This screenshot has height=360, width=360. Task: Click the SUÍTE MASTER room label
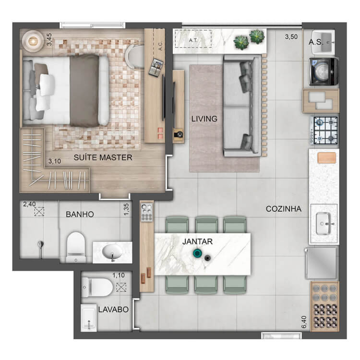coord(103,157)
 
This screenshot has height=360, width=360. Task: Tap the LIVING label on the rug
coord(204,119)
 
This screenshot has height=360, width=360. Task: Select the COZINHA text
coord(284,209)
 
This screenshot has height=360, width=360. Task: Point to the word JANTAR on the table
coord(197,241)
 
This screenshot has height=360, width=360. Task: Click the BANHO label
coord(80,215)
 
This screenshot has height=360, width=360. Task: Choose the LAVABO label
coord(113,310)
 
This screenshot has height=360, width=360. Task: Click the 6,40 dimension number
coord(304,322)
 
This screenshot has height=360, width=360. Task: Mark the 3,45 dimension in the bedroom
coord(49,39)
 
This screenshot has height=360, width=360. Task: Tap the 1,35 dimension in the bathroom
coord(126,209)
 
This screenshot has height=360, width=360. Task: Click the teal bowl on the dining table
coord(197,253)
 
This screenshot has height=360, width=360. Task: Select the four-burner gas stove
coord(324,130)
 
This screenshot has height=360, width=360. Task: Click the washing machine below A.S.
coord(324,71)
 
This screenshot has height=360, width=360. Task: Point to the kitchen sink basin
coord(323,223)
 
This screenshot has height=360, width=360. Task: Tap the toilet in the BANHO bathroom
coord(76,247)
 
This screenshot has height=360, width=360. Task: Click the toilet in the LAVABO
coord(97,287)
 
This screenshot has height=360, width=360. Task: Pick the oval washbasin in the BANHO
coord(112,252)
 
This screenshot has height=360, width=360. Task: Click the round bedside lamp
coord(33,41)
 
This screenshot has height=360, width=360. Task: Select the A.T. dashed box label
coord(193,40)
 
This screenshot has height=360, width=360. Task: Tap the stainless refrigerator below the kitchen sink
coord(322,263)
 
